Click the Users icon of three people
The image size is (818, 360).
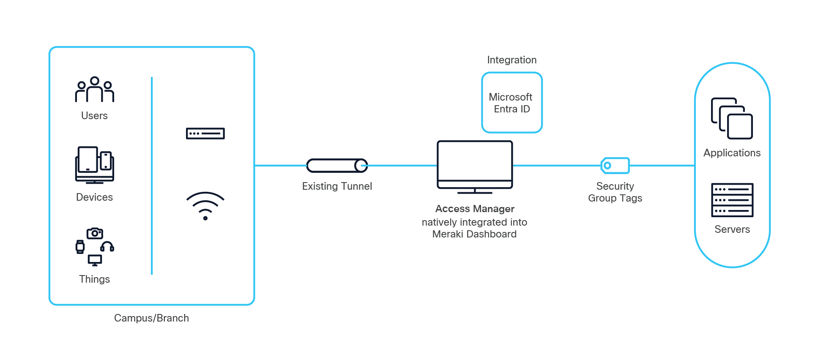[94, 90]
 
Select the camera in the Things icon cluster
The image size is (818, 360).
[95, 233]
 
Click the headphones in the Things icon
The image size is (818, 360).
[107, 246]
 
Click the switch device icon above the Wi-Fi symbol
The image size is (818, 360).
[205, 134]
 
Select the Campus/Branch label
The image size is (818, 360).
[151, 318]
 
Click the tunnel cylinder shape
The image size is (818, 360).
[337, 166]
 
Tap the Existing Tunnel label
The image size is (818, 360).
[337, 186]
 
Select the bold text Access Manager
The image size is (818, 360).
[475, 209]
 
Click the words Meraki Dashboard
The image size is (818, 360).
[474, 234]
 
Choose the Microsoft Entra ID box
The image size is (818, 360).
[512, 103]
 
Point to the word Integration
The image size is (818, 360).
[512, 60]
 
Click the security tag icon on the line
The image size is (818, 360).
[615, 166]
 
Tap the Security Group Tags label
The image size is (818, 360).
[615, 192]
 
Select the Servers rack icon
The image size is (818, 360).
[732, 200]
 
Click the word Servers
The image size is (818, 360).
[732, 229]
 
